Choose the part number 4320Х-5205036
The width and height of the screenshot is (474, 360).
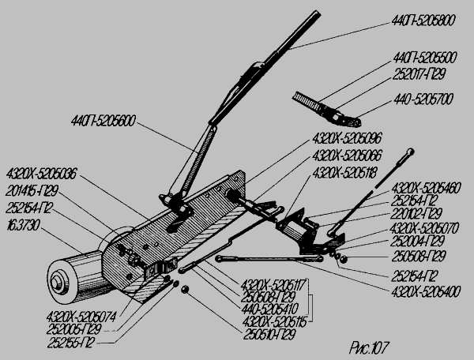pyautogui.click(x=42, y=171)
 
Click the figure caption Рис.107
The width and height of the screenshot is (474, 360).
pyautogui.click(x=369, y=345)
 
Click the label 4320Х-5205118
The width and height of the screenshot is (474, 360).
pyautogui.click(x=347, y=170)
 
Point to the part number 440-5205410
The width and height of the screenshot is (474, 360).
pyautogui.click(x=274, y=310)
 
